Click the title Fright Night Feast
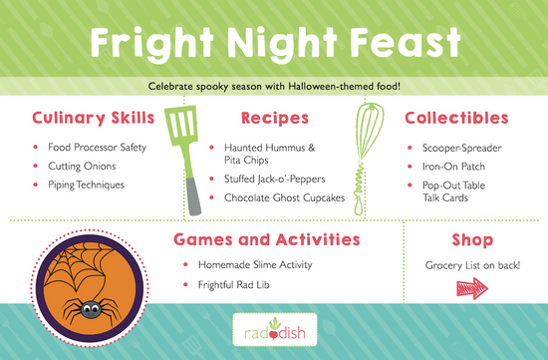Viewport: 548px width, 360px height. coord(273,42)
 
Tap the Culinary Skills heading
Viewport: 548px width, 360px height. coord(93,119)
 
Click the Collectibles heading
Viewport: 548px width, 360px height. coord(456,119)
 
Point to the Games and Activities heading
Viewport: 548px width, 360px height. coord(266,240)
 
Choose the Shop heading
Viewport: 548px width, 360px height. coord(472,240)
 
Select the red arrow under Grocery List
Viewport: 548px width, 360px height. coord(473,289)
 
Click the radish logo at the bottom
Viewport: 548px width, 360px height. coord(273,331)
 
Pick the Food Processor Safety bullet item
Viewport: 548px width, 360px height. coord(97,148)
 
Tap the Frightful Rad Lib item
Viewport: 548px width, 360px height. coord(242,286)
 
